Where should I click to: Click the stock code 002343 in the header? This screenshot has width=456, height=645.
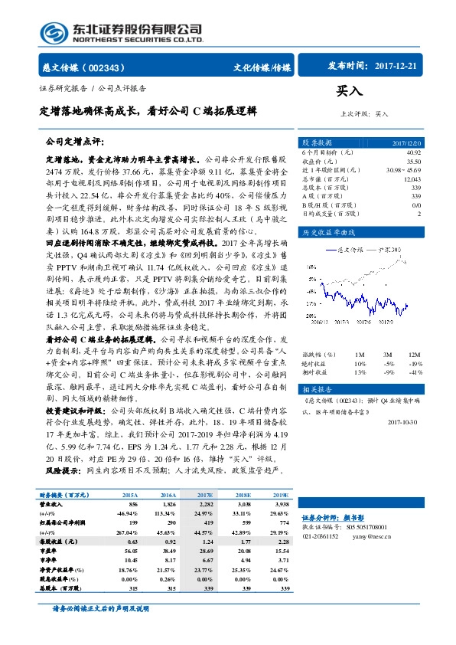109,67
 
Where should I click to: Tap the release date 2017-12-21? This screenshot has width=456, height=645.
399,66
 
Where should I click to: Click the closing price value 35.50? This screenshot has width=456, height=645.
413,162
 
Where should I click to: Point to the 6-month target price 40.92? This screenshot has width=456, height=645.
413,153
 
